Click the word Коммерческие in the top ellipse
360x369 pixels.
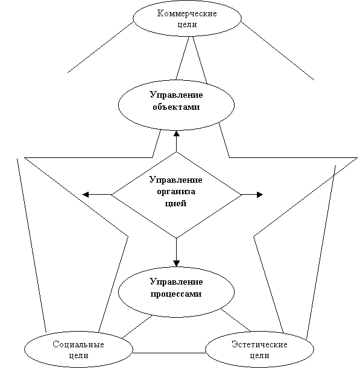point(187,13)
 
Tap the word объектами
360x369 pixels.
point(176,107)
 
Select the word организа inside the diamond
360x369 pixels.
point(176,192)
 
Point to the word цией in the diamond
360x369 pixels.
point(175,203)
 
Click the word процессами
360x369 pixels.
point(176,294)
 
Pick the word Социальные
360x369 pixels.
point(78,344)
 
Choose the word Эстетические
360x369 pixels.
point(259,344)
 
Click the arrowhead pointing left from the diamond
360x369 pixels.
point(85,195)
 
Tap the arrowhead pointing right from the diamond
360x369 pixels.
point(260,195)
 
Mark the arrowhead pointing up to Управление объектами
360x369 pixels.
point(177,134)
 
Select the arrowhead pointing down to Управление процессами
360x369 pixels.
point(177,263)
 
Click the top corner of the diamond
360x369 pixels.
point(177,152)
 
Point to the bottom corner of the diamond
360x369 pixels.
point(177,238)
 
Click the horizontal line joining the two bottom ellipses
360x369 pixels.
point(169,353)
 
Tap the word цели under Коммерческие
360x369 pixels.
point(187,25)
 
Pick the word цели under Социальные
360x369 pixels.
point(78,355)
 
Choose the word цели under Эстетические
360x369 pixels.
point(259,355)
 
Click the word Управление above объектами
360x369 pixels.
point(176,95)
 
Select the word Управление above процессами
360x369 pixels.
point(176,282)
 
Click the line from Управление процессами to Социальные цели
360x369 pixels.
point(137,327)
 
